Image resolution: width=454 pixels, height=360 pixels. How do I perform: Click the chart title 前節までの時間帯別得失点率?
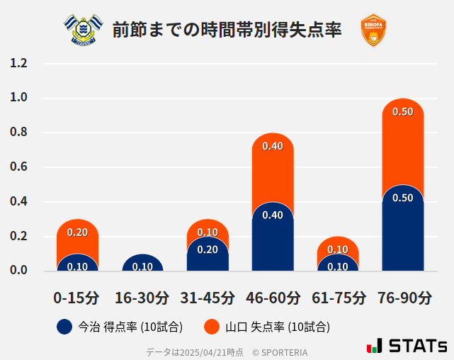pos(227,30)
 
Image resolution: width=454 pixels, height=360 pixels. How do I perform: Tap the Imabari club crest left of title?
pos(83,30)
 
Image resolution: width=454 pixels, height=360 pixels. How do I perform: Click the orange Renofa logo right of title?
pos(373,30)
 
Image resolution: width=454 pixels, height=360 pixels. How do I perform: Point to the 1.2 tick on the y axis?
pos(18,64)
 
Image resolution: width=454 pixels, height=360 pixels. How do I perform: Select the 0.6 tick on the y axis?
pos(18,167)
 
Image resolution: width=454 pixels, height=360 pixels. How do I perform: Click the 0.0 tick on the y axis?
pos(18,271)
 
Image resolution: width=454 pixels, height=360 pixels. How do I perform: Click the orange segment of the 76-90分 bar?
pos(403,142)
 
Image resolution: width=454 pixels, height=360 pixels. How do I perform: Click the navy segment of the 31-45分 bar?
pos(208,255)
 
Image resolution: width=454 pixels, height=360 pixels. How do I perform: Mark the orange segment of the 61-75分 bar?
pos(338,245)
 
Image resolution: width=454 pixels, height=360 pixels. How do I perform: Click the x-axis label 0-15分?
pos(76,297)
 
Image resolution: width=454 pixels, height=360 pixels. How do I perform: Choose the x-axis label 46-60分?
pos(273,297)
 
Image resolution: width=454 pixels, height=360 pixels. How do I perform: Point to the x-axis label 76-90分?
pos(403,297)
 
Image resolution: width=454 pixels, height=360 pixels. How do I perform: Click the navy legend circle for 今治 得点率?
pos(64,327)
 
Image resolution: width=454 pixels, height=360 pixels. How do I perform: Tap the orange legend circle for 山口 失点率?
pos(211,327)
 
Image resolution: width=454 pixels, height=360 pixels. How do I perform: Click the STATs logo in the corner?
pos(407,346)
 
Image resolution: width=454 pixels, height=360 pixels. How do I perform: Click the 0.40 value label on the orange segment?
pos(273,147)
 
